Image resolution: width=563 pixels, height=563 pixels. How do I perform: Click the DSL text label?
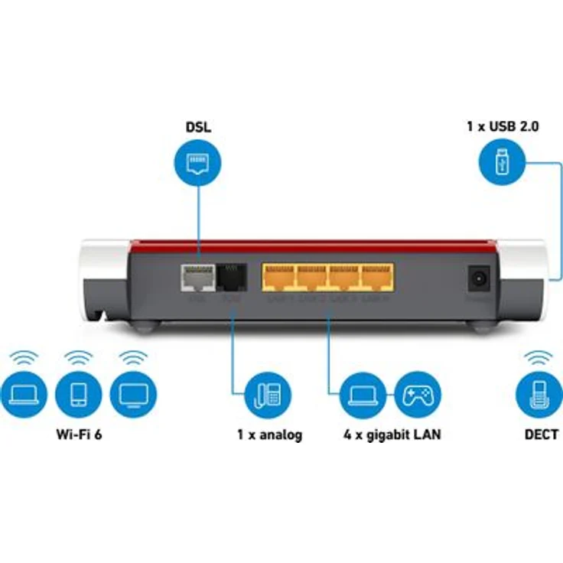[198, 126]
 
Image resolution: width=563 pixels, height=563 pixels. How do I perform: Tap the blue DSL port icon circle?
[198, 161]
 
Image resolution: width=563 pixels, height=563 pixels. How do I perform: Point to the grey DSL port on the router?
[197, 278]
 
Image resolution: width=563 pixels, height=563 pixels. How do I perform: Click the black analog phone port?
[230, 277]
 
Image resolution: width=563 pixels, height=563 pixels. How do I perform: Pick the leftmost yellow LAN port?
[278, 277]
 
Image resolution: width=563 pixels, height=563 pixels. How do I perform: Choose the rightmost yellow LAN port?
[377, 277]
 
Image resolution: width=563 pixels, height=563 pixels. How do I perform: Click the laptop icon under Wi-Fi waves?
[24, 394]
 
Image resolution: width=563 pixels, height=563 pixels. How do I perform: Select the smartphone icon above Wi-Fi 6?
[79, 394]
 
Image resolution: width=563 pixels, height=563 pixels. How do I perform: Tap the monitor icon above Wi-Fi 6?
[133, 394]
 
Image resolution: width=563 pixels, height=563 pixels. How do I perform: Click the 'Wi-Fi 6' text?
[79, 434]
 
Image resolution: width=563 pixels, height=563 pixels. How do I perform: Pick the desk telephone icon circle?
[268, 395]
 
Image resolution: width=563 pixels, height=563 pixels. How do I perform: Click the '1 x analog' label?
[268, 434]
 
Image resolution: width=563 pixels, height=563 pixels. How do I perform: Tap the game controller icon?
[417, 395]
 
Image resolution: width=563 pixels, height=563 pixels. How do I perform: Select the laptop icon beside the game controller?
[363, 395]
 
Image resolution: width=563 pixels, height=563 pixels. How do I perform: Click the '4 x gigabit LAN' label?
[392, 434]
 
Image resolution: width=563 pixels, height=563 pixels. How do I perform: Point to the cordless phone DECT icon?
[540, 395]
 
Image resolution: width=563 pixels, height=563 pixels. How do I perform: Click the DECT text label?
[541, 434]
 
